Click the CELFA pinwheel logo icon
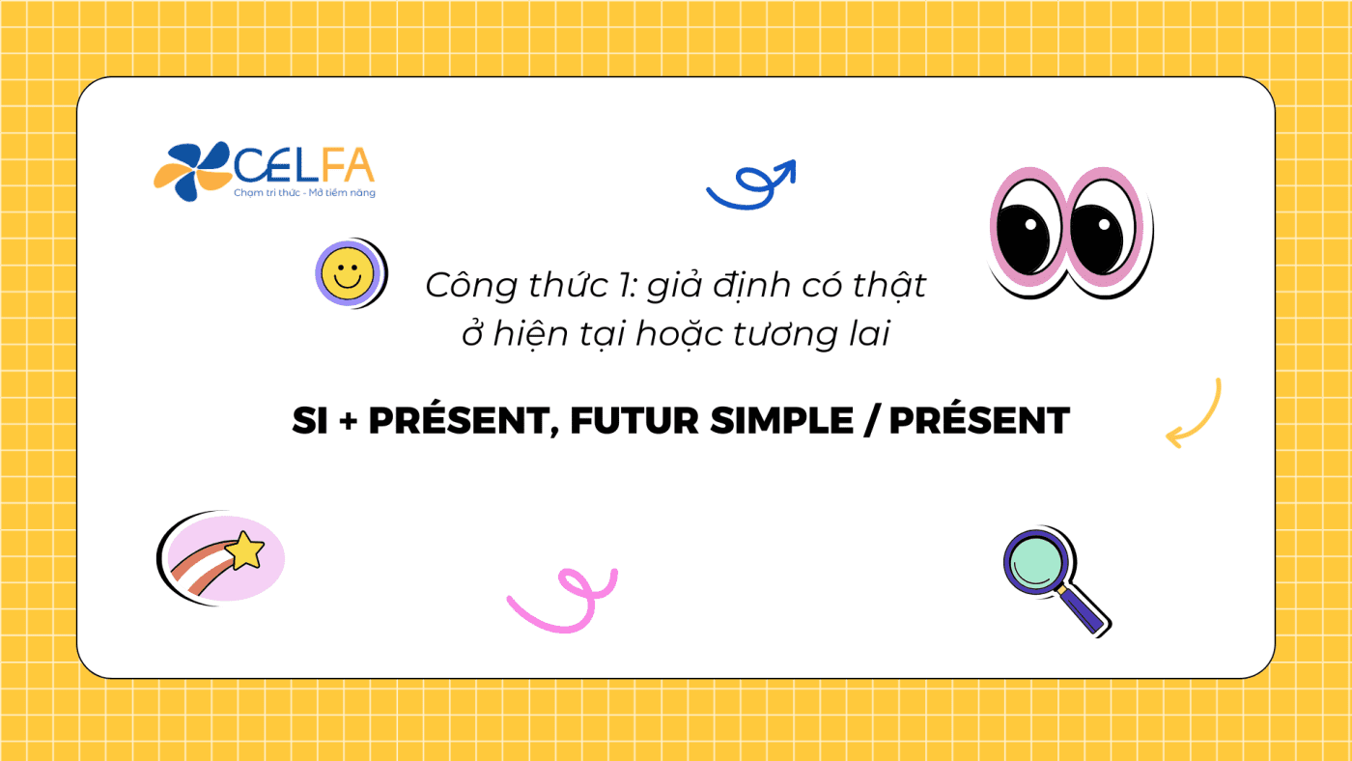click(x=192, y=171)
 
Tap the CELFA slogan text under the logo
click(x=305, y=192)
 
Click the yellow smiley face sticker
click(x=348, y=274)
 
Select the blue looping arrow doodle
click(x=752, y=185)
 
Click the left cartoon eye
click(x=1028, y=234)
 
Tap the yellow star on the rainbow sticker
click(x=245, y=550)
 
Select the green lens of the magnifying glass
click(x=1035, y=562)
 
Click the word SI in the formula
click(x=310, y=421)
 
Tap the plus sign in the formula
click(x=349, y=421)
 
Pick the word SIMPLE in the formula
click(x=781, y=421)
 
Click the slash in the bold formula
click(x=871, y=421)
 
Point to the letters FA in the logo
click(x=349, y=165)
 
